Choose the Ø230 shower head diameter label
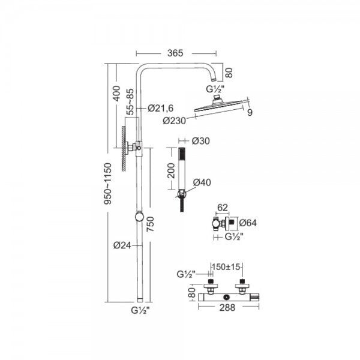click(x=174, y=121)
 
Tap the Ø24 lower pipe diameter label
click(x=121, y=244)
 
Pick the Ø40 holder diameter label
click(x=201, y=182)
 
